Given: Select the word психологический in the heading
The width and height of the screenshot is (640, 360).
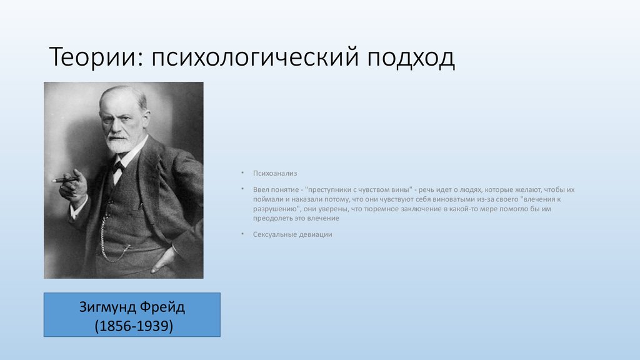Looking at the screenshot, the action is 255,57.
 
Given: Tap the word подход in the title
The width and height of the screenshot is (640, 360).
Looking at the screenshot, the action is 411,58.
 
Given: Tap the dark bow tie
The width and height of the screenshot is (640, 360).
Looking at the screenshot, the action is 119,166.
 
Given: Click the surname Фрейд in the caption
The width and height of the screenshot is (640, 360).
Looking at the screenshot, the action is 162,307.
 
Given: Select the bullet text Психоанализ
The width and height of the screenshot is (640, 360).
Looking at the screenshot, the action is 275,174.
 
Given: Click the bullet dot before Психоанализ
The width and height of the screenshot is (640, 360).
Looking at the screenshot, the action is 242,173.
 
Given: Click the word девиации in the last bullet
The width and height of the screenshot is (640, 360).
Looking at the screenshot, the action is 316,235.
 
